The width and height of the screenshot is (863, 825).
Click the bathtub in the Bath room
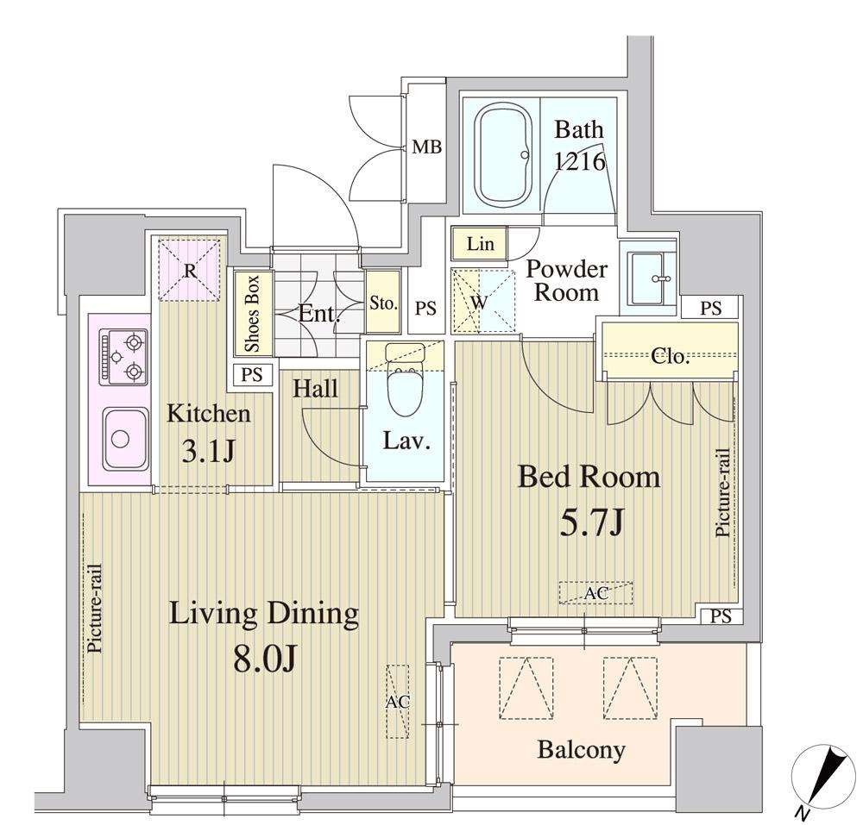click(503, 155)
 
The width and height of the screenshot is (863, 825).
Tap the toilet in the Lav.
click(405, 380)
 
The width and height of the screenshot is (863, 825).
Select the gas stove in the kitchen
click(123, 357)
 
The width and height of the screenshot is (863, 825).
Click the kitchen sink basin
click(125, 438)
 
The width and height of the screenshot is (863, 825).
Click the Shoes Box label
click(252, 315)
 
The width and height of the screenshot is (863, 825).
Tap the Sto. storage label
click(383, 303)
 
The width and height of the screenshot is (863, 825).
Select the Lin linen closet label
click(480, 243)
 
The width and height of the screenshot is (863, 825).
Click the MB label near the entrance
click(427, 147)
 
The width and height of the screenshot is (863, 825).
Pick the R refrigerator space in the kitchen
click(189, 270)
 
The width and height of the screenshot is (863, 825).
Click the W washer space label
click(479, 302)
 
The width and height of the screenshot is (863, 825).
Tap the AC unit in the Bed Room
click(596, 593)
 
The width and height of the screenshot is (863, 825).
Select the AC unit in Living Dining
click(397, 702)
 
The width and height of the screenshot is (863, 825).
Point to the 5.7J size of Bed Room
click(591, 522)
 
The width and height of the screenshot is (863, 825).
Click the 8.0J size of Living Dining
click(265, 658)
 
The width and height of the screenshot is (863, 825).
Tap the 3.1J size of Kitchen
click(208, 451)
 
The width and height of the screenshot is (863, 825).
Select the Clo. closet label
click(670, 357)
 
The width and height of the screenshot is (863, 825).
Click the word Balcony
click(581, 750)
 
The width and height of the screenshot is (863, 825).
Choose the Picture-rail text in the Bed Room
click(722, 493)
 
